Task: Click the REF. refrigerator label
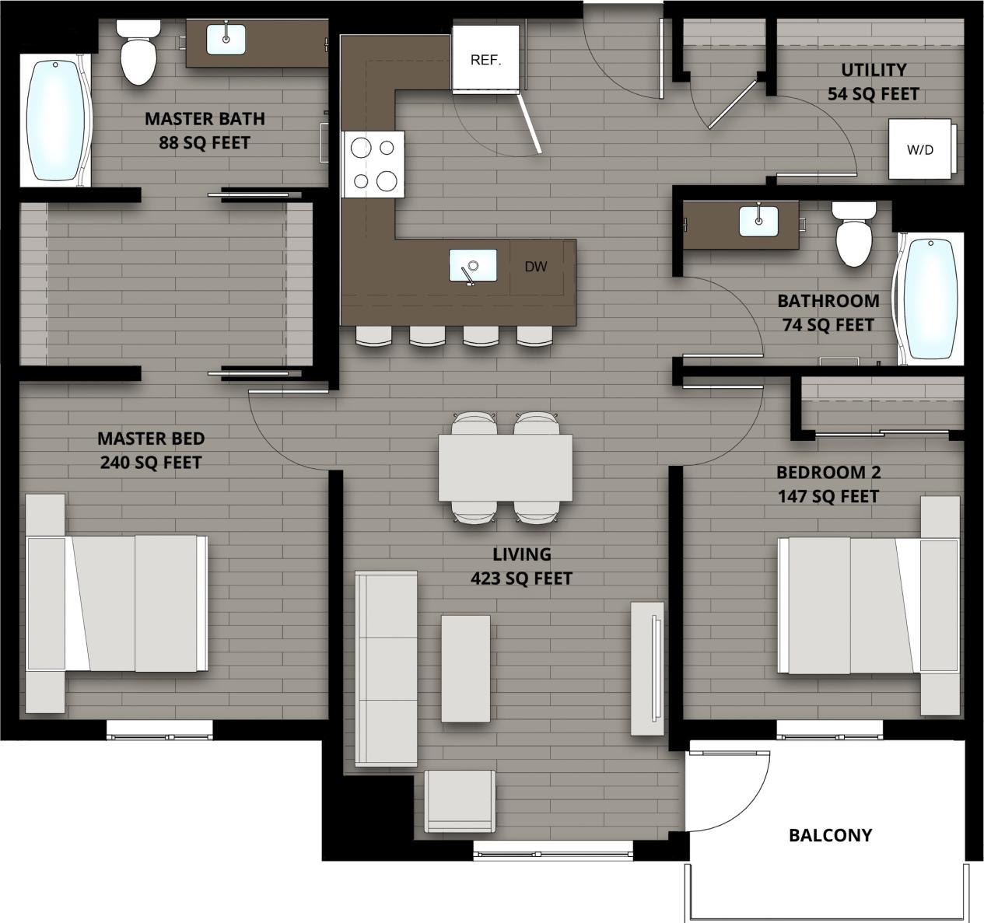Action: coord(485,60)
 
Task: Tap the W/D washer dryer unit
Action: coord(920,149)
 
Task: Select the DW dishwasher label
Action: coord(535,267)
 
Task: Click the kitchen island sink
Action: coord(473,266)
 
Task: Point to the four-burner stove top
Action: coord(373,163)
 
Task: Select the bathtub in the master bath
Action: coord(54,121)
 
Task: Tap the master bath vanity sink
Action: coord(226,39)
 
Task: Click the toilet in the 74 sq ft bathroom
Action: coord(853,234)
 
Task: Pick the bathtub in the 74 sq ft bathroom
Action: coord(930,299)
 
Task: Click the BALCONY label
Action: coord(830,835)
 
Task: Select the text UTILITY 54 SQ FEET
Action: coord(873,82)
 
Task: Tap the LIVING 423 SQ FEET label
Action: coord(521,566)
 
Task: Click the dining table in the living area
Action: coord(506,468)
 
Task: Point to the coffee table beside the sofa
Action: coord(465,668)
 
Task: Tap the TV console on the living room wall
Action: coord(647,668)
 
